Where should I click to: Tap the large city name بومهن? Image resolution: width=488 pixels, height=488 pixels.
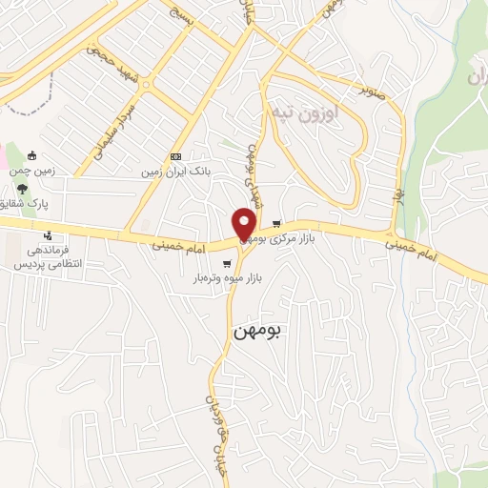[257, 331]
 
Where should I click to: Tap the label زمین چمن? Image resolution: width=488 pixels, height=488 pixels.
[32, 172]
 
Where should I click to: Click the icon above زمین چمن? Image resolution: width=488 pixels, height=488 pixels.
[32, 156]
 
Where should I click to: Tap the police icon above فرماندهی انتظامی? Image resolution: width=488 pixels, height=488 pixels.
[46, 235]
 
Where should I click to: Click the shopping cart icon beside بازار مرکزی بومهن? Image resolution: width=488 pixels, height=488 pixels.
[276, 225]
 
